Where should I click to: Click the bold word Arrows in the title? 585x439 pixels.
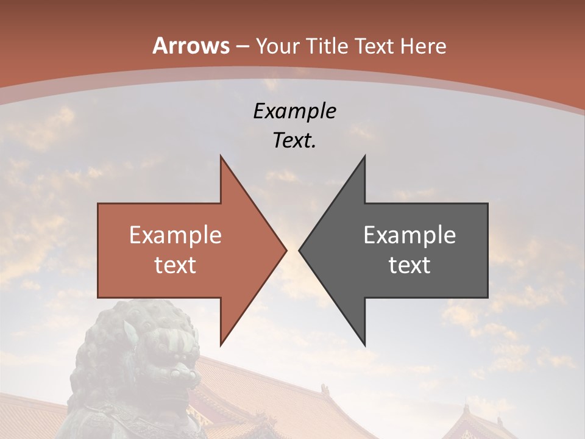point(191,46)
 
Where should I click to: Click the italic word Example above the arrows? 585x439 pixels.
point(294,111)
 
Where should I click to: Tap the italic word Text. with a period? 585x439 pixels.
point(294,140)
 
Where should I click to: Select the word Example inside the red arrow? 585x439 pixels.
point(175,235)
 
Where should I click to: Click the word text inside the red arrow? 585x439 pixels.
point(175,265)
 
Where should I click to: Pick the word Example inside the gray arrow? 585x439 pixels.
point(409,235)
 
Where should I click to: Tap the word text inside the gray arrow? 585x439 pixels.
point(409,265)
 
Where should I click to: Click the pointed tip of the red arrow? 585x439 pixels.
point(286,250)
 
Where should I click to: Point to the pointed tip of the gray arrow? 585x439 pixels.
point(300,250)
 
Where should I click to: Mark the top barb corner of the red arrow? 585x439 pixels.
point(221,156)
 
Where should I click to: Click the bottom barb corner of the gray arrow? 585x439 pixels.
point(365,345)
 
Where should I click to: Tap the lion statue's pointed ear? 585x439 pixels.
point(130,332)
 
